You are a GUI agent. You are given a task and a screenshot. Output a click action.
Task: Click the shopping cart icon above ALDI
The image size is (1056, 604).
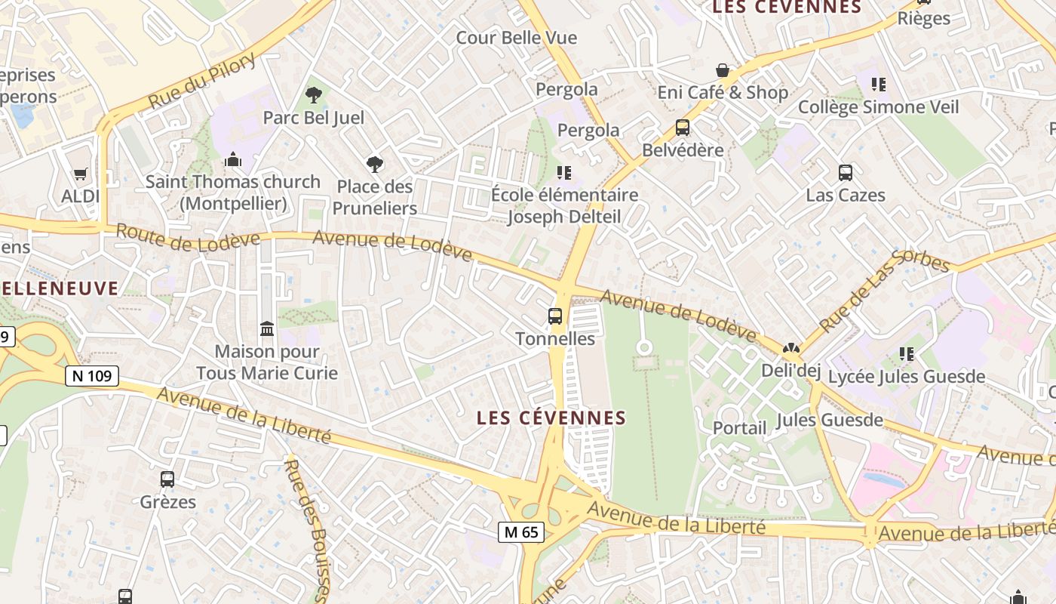click(x=81, y=174)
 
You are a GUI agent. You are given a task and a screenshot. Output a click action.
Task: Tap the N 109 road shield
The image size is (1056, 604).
click(x=92, y=376)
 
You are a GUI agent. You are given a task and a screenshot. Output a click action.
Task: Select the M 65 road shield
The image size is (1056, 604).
click(x=521, y=532)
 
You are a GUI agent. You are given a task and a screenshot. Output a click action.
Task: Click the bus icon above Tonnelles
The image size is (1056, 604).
click(x=555, y=316)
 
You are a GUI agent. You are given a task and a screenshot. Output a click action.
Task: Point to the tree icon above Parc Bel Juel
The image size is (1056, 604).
click(x=313, y=95)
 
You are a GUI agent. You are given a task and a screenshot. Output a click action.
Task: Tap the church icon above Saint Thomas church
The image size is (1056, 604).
click(x=233, y=159)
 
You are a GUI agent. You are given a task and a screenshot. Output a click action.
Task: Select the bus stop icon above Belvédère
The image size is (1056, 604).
click(x=683, y=128)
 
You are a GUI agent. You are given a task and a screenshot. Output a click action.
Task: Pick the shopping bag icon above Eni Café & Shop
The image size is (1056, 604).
click(x=723, y=70)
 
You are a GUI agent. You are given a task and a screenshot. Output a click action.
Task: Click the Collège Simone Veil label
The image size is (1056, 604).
click(x=878, y=107)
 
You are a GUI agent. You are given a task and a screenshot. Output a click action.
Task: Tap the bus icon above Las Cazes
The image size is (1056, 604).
click(x=846, y=173)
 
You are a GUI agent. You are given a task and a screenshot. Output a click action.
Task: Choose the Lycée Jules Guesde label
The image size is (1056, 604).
click(x=907, y=376)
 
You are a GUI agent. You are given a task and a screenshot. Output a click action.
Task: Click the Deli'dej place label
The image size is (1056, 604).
click(x=790, y=370)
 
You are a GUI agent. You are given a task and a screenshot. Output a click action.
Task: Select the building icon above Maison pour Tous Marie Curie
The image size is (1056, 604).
click(x=267, y=329)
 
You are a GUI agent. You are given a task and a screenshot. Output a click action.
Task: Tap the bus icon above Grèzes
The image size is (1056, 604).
click(x=167, y=479)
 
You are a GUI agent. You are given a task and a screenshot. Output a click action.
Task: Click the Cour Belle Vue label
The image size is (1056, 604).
click(x=516, y=38)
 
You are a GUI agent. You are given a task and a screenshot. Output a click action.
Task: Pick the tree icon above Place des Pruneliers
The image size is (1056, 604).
click(x=374, y=164)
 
